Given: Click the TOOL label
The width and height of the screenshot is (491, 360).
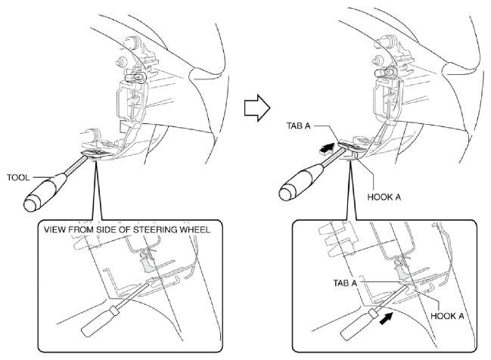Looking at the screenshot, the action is pyautogui.click(x=18, y=178).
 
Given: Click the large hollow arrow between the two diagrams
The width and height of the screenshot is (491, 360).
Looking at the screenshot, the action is pyautogui.click(x=257, y=108).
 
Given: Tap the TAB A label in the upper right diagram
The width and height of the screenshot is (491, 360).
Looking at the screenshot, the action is pyautogui.click(x=298, y=126).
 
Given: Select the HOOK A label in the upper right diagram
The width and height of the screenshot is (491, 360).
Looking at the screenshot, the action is pyautogui.click(x=384, y=197).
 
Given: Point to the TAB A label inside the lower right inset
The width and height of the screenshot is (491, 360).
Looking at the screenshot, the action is pyautogui.click(x=345, y=283).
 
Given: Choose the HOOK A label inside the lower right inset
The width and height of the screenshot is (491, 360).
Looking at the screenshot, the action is pyautogui.click(x=447, y=316).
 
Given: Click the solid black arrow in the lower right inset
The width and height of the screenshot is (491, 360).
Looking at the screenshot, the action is pyautogui.click(x=386, y=318).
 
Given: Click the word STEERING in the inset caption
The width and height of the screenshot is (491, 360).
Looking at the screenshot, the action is pyautogui.click(x=155, y=229).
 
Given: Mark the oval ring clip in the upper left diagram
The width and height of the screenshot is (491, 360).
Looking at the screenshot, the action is pyautogui.click(x=135, y=76).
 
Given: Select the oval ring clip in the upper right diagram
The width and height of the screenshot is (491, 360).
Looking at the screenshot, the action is pyautogui.click(x=386, y=73).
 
